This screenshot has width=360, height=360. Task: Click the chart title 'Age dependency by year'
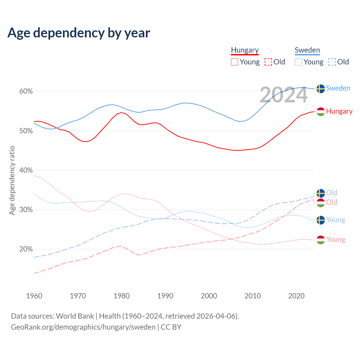[79, 33]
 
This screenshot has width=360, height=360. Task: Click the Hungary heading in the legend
[245, 50]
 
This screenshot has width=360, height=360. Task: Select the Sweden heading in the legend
[307, 50]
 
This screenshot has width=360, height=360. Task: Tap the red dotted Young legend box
[235, 62]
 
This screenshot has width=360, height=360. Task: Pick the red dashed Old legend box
[268, 62]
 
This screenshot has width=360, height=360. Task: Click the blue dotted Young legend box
[298, 62]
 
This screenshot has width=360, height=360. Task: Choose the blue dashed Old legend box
[332, 62]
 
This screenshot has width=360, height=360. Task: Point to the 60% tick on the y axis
[26, 91]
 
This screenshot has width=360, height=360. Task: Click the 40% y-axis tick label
[26, 170]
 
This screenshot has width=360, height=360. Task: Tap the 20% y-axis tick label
[26, 249]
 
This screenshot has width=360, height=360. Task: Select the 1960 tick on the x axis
[34, 296]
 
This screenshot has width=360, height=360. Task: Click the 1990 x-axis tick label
[165, 296]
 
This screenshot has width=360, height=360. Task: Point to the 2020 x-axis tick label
[296, 296]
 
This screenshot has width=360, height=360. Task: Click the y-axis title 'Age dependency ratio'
[12, 180]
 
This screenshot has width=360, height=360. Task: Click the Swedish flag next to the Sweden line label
[321, 89]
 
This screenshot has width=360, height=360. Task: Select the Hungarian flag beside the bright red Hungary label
[321, 112]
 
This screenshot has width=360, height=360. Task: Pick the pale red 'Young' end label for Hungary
[336, 240]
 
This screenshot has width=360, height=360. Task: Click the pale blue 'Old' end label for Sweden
[332, 193]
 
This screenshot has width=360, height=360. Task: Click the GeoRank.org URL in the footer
[83, 327]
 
